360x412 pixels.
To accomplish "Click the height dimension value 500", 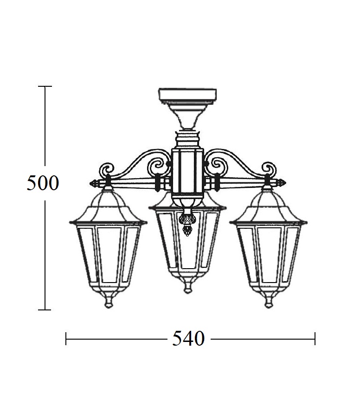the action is click(x=43, y=183).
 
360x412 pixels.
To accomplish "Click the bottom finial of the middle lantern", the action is click(x=187, y=288).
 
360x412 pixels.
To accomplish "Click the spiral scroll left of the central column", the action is click(x=158, y=166).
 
